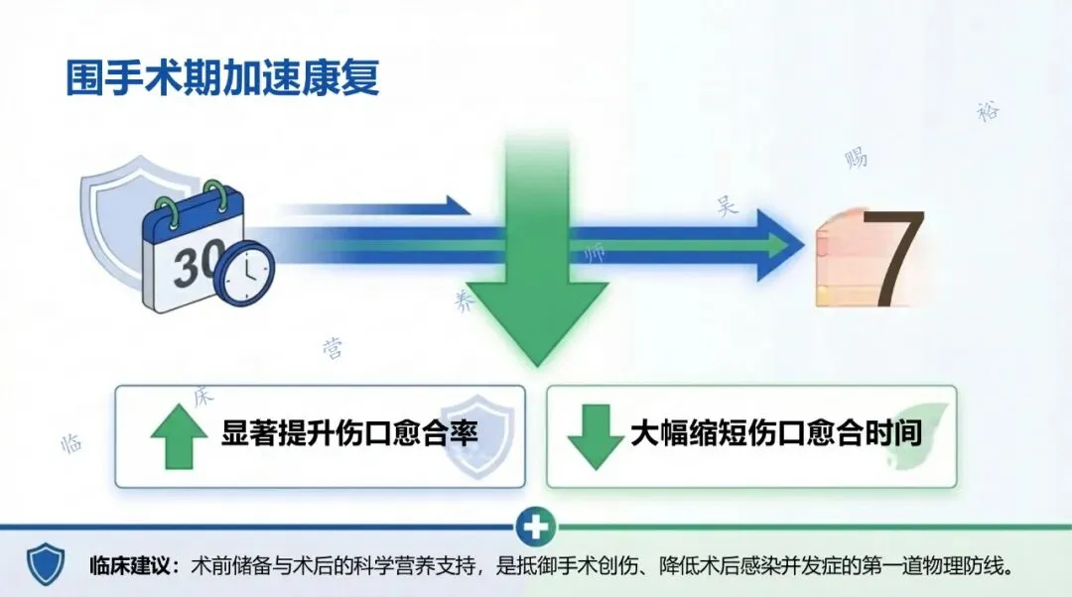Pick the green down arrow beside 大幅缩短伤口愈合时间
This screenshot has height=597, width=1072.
click(x=594, y=436)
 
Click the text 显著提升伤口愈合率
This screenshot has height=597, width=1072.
click(x=350, y=434)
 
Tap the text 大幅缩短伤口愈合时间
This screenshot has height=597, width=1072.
click(x=776, y=434)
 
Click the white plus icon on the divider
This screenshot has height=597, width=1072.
click(x=536, y=527)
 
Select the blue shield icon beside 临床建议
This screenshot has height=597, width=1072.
click(x=46, y=564)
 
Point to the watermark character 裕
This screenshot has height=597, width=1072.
click(x=987, y=111)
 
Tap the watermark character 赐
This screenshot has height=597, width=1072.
click(x=856, y=157)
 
